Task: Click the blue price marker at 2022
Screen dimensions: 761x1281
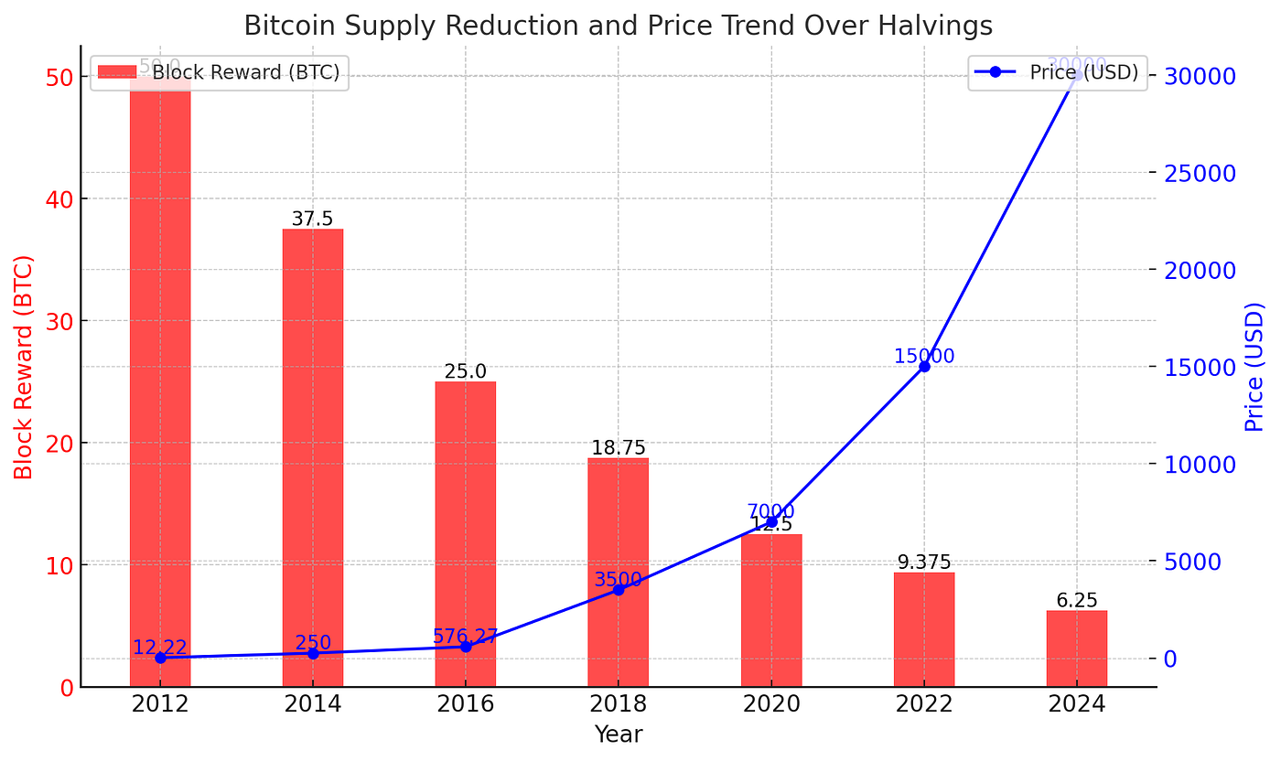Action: (924, 366)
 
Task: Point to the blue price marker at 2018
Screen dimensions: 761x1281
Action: (619, 590)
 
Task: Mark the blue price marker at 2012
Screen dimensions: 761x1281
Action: (160, 658)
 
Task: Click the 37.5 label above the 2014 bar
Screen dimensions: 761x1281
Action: (313, 219)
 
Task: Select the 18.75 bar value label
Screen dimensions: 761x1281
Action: (619, 448)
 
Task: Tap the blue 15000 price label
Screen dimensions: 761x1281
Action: (924, 356)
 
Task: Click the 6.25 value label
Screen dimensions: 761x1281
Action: (1076, 600)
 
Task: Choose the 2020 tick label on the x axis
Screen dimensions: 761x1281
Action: (771, 704)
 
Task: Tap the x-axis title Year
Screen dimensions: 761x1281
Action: (619, 734)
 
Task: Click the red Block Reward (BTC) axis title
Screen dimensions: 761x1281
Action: (23, 367)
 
